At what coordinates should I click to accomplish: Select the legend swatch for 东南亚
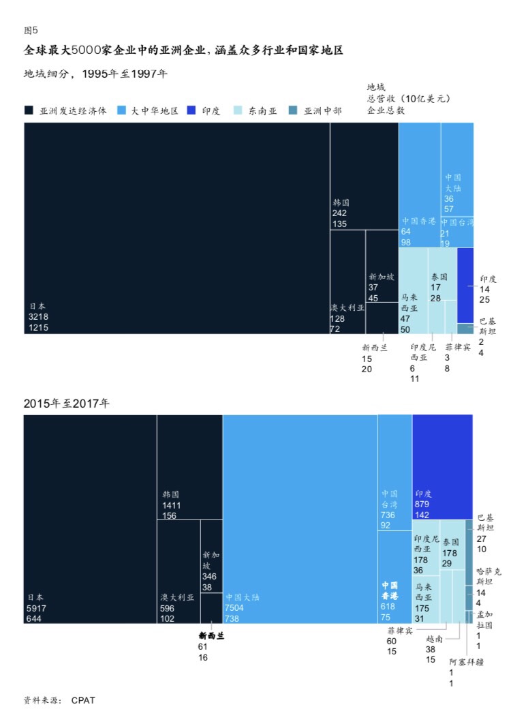coord(238,110)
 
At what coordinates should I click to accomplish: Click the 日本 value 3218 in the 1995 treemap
coord(38,317)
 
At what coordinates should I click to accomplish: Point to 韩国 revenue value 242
coord(340,213)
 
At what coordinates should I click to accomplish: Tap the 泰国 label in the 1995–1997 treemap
coord(439,277)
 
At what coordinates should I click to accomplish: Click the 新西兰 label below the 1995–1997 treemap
coord(374,348)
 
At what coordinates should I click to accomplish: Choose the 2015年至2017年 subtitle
coord(66,404)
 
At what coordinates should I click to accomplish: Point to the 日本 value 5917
coord(38,607)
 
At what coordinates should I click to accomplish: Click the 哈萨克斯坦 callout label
coord(488,576)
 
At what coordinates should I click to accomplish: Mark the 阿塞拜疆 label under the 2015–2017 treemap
coord(466,661)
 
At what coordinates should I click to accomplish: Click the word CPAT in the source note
coord(82,700)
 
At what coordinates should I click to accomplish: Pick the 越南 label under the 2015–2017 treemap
coord(435,639)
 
